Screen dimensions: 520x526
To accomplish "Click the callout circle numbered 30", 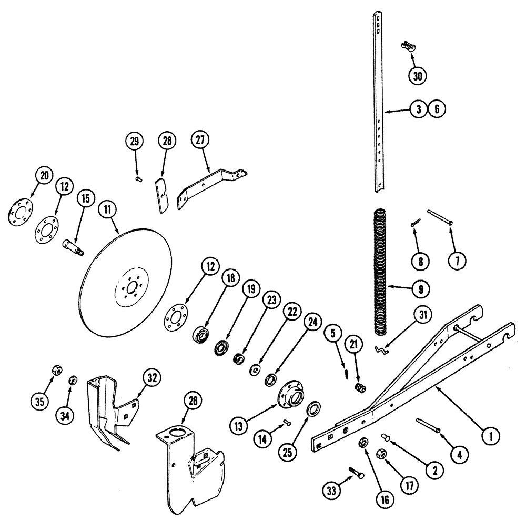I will pyautogui.click(x=417, y=76).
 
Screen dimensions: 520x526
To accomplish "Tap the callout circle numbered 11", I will pyautogui.click(x=107, y=209).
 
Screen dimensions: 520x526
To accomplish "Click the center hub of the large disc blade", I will pyautogui.click(x=128, y=288).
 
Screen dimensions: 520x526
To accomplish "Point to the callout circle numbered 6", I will pyautogui.click(x=437, y=109).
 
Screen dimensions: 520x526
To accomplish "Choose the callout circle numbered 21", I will pyautogui.click(x=353, y=344).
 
